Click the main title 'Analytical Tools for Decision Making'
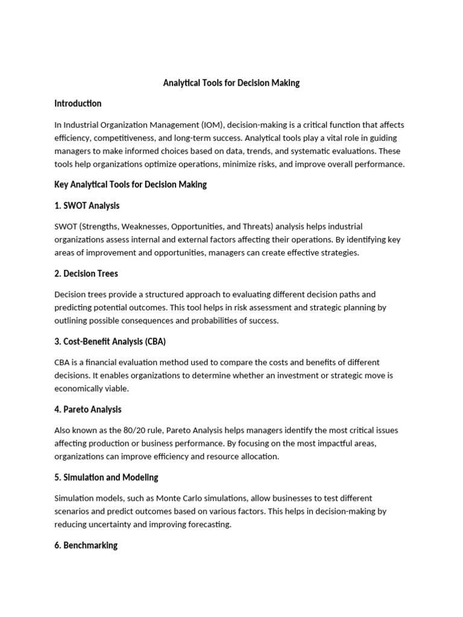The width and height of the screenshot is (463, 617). coord(231,83)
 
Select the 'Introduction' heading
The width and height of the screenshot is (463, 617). coord(78,104)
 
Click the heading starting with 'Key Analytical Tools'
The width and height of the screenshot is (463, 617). coord(130,184)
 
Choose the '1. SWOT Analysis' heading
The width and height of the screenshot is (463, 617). coord(87,205)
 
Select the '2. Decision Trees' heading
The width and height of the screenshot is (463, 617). coord(86,274)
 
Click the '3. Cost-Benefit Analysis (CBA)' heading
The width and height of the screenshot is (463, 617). coord(110,342)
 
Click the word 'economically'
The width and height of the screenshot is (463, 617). coord(80,389)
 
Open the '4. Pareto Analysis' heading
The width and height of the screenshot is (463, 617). coord(88,410)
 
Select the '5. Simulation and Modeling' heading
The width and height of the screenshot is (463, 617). coord(106,477)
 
